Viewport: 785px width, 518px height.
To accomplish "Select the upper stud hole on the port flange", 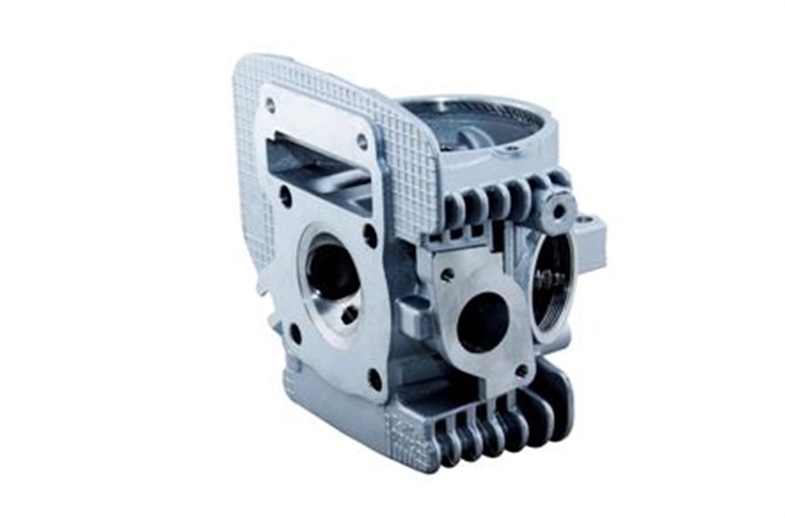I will [x=447, y=276].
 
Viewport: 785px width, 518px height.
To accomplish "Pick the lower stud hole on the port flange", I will [x=521, y=371].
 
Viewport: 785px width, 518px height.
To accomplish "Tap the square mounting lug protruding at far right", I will [x=594, y=232].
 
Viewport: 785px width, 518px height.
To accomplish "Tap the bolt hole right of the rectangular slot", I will [x=362, y=139].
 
